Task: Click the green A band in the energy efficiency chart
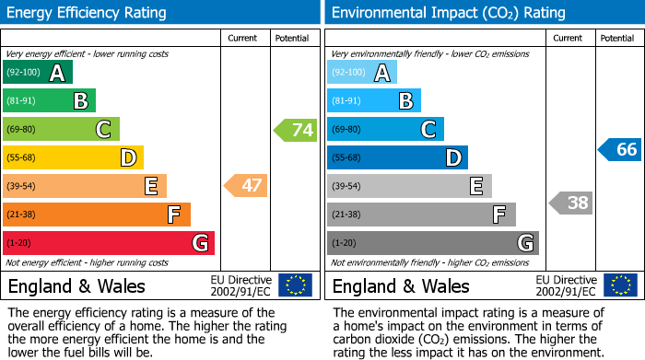[x=37, y=73]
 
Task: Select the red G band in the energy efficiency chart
[x=109, y=243]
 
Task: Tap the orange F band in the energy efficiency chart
[x=97, y=215]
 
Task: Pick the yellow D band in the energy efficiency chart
[x=73, y=157]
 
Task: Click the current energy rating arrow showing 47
[x=247, y=186]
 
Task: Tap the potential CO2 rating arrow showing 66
[x=621, y=149]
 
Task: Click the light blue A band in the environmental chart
[x=362, y=73]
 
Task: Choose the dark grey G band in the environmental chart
[x=433, y=243]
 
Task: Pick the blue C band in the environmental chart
[x=385, y=129]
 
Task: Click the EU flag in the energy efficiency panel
[x=296, y=285]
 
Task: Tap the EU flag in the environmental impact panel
[x=620, y=285]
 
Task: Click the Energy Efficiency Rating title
[x=88, y=13]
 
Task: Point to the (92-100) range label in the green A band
[x=23, y=73]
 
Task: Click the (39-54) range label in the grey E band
[x=346, y=186]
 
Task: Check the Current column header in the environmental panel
[x=569, y=38]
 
